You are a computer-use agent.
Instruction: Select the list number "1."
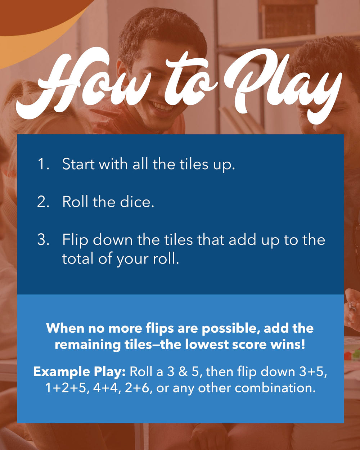point(44,164)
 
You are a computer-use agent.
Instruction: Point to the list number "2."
point(43,202)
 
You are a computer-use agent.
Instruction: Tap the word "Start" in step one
point(78,164)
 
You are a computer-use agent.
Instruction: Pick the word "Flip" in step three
point(75,240)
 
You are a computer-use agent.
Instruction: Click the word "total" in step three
point(78,258)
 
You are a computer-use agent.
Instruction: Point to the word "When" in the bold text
point(65,328)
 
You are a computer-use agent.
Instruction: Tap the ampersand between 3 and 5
point(183,372)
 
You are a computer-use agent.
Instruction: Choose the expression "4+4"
point(106,388)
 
